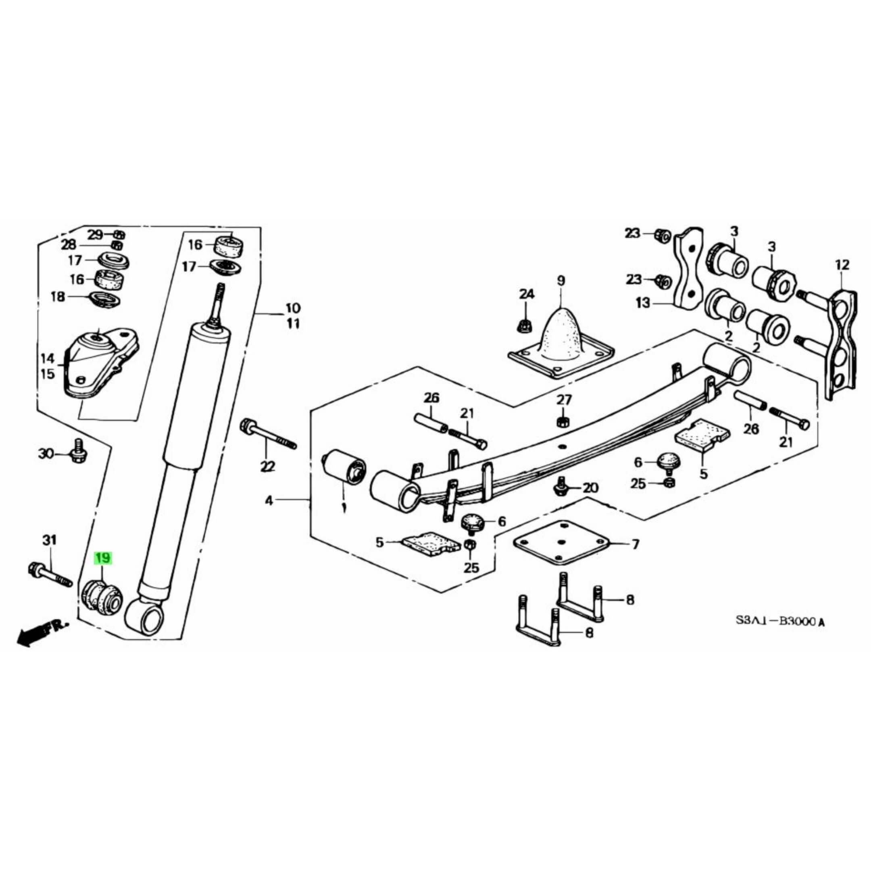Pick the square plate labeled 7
pyautogui.click(x=561, y=543)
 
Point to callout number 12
pyautogui.click(x=842, y=265)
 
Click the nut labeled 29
pyautogui.click(x=119, y=234)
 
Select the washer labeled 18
pyautogui.click(x=106, y=298)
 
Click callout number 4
pyautogui.click(x=269, y=500)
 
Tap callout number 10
pyautogui.click(x=293, y=308)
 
